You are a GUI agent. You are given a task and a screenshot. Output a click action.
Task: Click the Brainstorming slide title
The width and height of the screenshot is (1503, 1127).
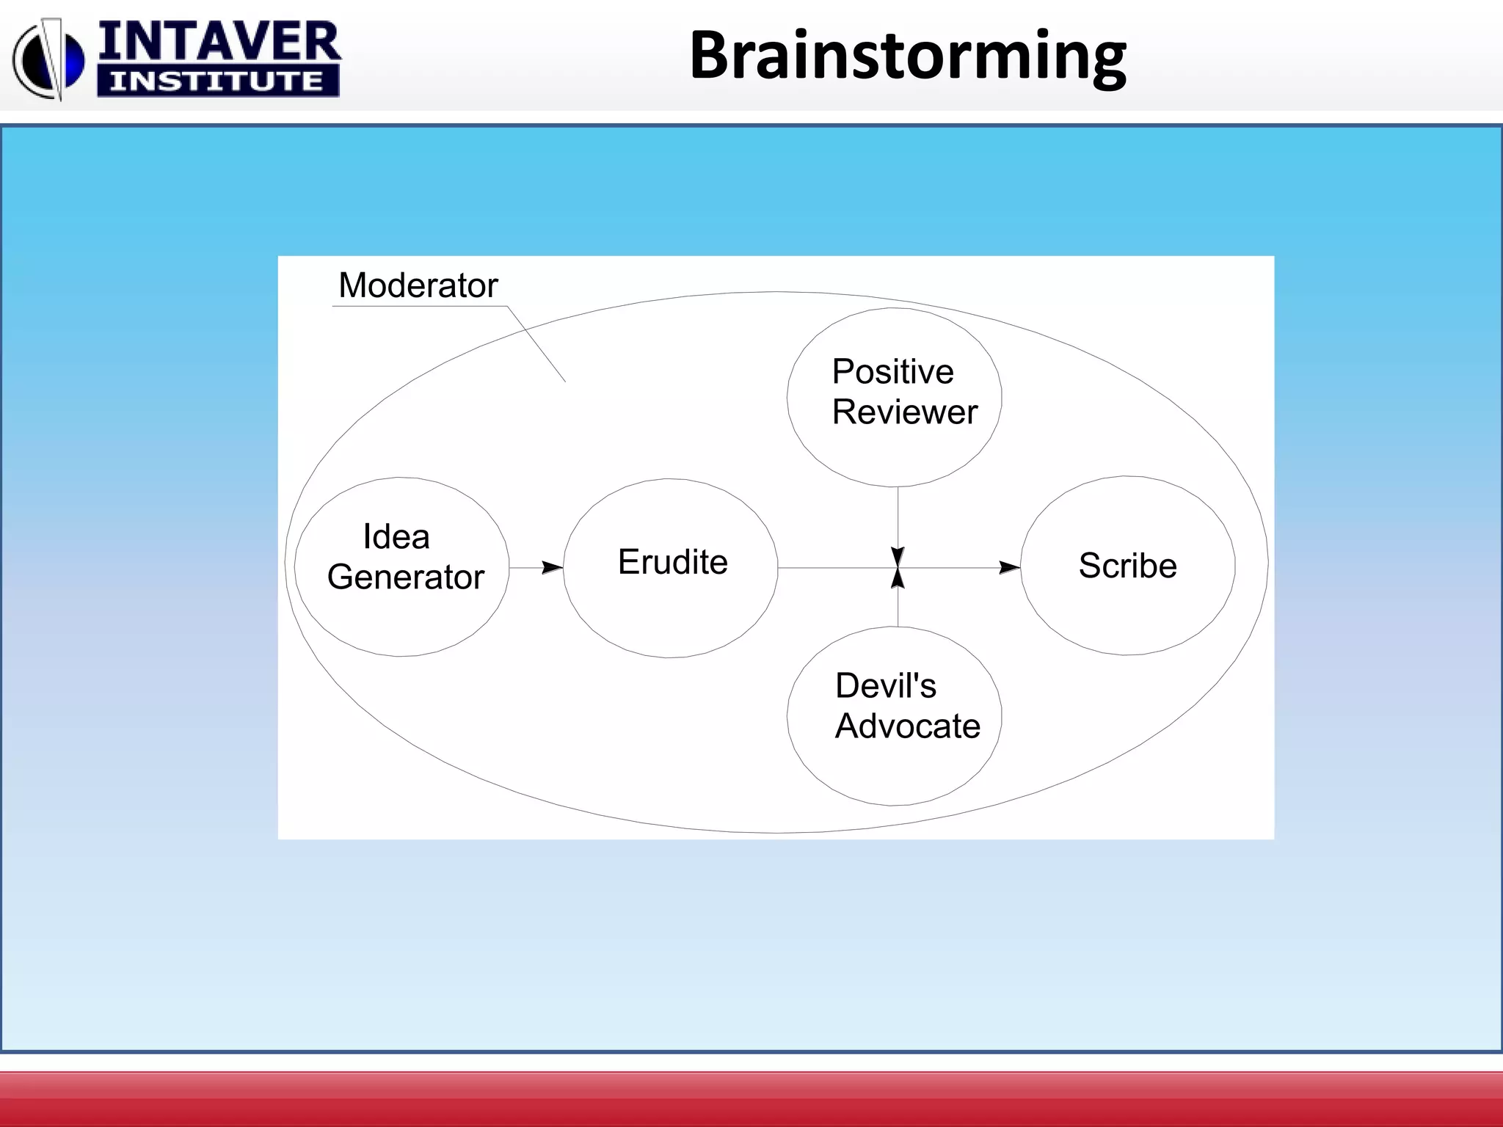(x=907, y=56)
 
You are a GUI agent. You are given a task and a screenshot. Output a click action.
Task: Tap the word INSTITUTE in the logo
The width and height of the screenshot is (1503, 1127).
(x=217, y=81)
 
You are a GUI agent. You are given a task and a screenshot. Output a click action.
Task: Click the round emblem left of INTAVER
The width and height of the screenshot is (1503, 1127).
(x=48, y=60)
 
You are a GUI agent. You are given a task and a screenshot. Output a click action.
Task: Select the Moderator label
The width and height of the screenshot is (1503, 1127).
(x=418, y=285)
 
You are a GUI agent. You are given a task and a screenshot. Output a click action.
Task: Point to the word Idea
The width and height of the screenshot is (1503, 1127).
(x=396, y=537)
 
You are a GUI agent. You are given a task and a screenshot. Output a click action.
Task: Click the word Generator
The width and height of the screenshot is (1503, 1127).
(x=406, y=577)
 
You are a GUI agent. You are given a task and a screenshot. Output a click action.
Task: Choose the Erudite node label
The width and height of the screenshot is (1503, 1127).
(x=673, y=563)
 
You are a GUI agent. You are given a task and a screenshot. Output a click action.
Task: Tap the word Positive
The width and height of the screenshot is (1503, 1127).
(x=892, y=372)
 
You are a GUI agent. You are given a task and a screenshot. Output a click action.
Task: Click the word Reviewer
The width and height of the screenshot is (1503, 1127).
(x=904, y=412)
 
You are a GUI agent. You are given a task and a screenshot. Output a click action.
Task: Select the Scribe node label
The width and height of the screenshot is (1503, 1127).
(x=1127, y=566)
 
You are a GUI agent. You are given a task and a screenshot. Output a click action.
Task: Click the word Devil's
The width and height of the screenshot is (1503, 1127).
(x=885, y=687)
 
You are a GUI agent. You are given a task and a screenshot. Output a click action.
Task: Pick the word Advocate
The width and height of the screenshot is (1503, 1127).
(x=907, y=726)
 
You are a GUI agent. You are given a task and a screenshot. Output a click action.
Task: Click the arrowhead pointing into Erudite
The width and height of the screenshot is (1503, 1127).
(x=552, y=568)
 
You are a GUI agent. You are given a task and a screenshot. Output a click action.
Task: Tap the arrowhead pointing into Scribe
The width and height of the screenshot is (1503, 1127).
(x=1009, y=568)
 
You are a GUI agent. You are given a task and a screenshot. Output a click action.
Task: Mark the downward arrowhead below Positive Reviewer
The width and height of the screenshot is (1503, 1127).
(x=898, y=557)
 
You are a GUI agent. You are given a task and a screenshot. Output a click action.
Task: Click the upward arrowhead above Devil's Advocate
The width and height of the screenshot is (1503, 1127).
(x=898, y=578)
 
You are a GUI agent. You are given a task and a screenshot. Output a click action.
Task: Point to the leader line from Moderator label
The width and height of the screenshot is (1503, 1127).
(x=536, y=344)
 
